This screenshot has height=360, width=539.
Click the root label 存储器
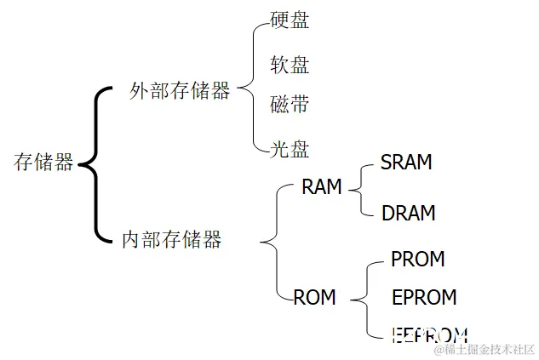click(43, 163)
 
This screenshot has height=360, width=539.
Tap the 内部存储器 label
click(171, 240)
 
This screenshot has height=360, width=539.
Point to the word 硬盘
click(290, 20)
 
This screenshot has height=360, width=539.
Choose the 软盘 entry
click(290, 65)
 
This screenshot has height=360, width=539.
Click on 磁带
click(290, 106)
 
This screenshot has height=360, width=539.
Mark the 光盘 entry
click(290, 150)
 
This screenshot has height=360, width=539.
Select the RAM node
click(321, 187)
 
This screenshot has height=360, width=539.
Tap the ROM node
click(314, 297)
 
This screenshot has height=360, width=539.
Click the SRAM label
click(406, 163)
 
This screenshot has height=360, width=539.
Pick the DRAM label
click(408, 213)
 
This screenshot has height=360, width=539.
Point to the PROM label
click(417, 259)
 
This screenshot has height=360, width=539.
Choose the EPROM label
click(423, 297)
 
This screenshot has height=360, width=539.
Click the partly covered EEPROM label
click(429, 334)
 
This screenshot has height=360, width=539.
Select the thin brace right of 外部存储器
click(249, 85)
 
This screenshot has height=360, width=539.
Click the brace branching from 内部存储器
click(274, 242)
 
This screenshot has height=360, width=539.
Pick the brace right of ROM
click(364, 298)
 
